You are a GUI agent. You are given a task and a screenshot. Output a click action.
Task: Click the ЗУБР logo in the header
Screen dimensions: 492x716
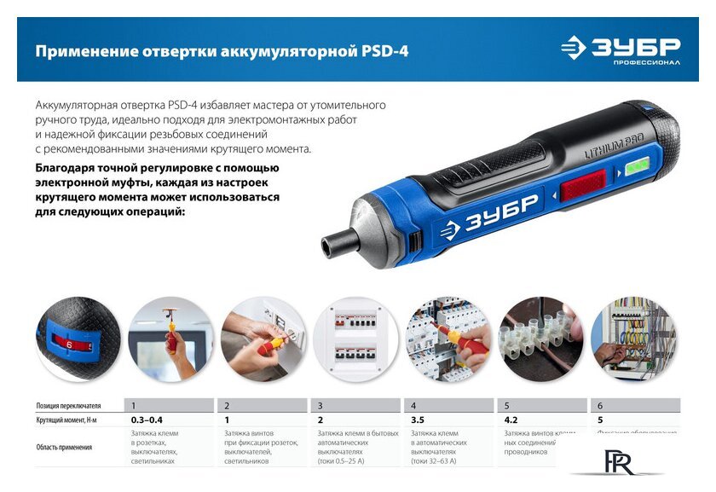[621, 48]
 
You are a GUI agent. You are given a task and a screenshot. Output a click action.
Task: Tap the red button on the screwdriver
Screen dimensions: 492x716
[582, 185]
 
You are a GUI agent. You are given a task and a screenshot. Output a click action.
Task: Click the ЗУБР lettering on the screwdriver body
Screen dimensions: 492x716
[488, 213]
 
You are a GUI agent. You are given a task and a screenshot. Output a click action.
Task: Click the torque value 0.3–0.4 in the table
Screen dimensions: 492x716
[147, 420]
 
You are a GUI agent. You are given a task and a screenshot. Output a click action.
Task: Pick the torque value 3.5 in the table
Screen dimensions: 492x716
[418, 420]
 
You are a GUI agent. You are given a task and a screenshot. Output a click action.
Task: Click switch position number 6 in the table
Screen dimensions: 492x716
[600, 406]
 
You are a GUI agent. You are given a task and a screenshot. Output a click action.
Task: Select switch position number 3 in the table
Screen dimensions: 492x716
[320, 406]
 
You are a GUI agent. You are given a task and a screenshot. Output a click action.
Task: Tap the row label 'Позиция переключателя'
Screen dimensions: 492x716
[69, 406]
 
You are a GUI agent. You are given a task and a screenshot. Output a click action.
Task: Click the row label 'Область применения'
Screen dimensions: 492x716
[64, 447]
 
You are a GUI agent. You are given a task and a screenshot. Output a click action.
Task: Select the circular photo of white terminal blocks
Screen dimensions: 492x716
[541, 339]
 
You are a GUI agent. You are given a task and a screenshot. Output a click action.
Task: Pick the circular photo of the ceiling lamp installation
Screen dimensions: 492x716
[170, 339]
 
